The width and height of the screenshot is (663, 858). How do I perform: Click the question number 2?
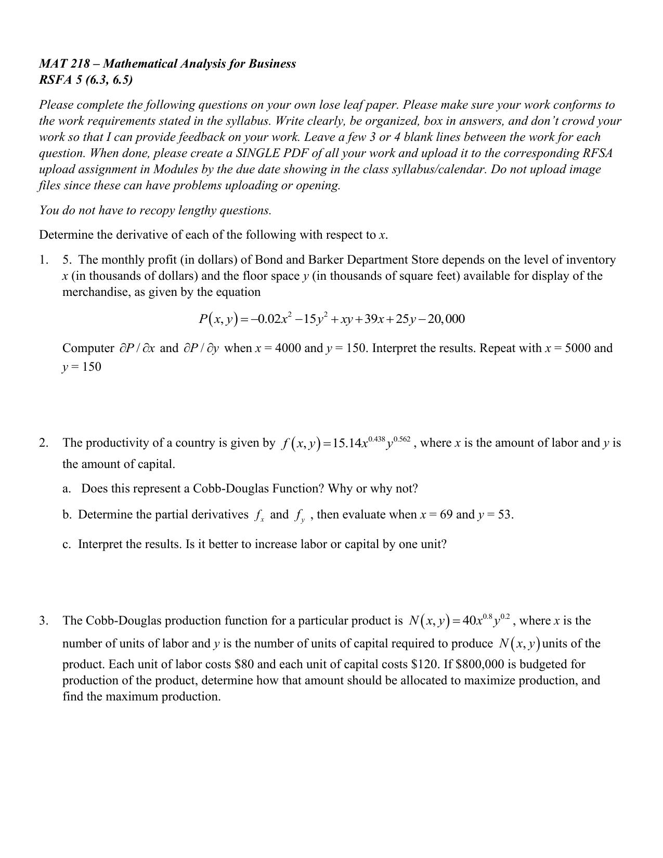(44, 443)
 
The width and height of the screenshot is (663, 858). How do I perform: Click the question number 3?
(44, 621)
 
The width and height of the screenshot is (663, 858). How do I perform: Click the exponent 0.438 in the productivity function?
(376, 439)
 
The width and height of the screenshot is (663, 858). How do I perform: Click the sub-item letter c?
(67, 544)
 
